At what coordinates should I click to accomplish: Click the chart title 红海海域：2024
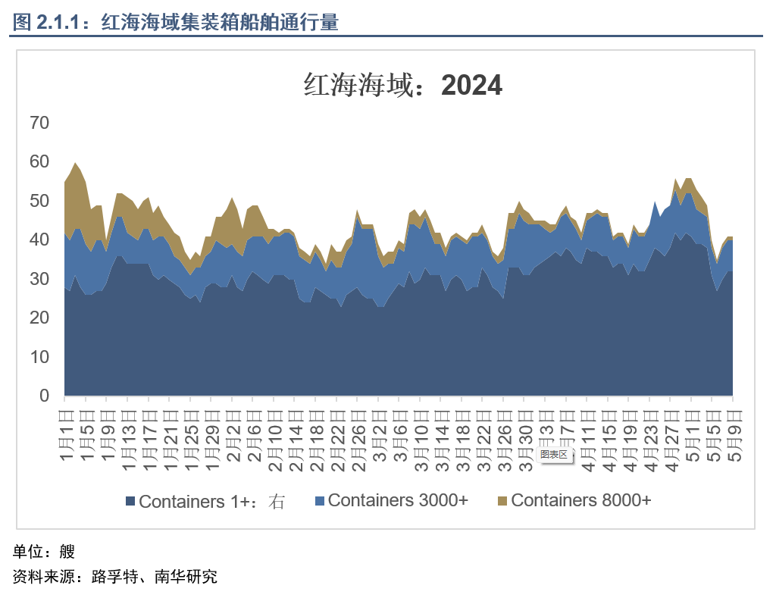[402, 85]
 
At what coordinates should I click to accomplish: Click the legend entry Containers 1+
[205, 501]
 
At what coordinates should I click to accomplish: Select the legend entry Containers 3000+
[391, 500]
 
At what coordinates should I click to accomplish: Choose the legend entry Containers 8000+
[574, 500]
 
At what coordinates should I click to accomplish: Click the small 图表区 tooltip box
[554, 454]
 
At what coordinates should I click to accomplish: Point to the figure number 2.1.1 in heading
[58, 23]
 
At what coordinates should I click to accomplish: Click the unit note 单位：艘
[44, 551]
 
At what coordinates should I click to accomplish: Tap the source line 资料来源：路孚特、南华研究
[115, 577]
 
